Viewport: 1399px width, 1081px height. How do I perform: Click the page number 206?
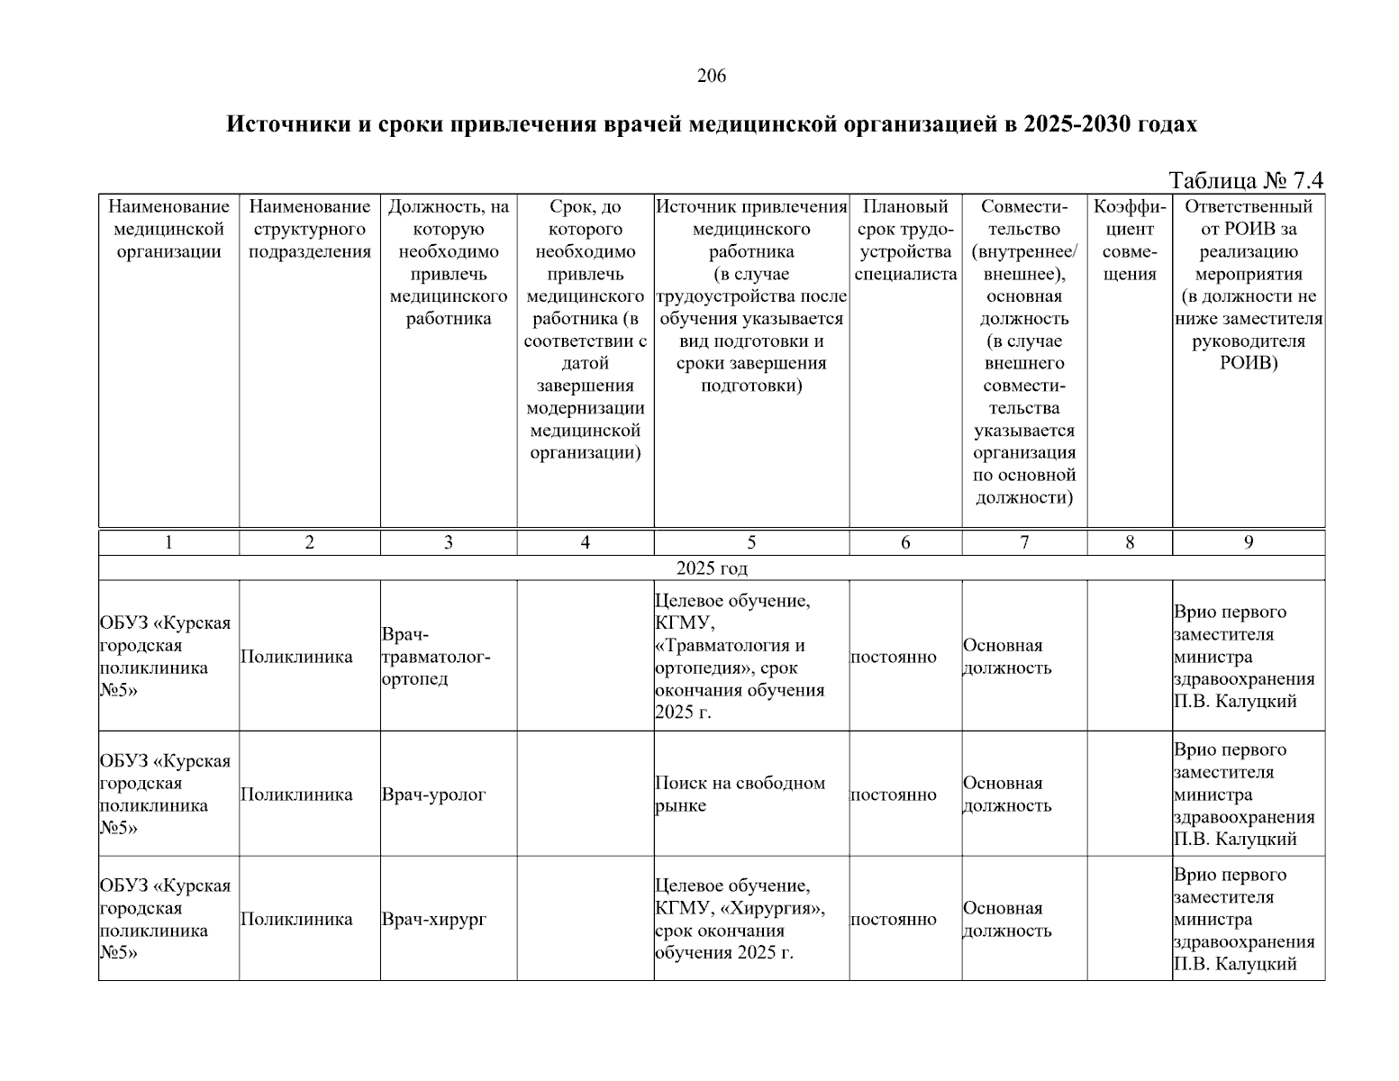[711, 77]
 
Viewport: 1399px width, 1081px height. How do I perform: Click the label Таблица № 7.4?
[1246, 180]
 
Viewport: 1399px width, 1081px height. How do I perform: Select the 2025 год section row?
[711, 568]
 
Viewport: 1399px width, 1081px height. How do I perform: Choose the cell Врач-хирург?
[433, 920]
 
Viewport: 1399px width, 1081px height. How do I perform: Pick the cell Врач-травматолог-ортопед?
[436, 657]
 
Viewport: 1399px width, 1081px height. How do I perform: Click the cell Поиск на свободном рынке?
[740, 795]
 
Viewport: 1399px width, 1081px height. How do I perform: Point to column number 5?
[751, 542]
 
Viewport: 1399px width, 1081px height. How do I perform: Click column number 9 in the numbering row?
[1248, 542]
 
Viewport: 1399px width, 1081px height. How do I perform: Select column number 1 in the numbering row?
[168, 542]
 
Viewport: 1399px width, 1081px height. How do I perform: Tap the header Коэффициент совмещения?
[1130, 241]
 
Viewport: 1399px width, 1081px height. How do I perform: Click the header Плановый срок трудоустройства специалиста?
[905, 241]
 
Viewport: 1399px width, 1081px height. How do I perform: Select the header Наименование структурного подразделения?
[310, 230]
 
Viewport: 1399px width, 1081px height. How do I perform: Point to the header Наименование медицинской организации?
[168, 230]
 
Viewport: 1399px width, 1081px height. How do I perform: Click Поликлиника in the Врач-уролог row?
[296, 795]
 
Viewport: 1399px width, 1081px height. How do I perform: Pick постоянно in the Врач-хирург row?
[893, 920]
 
